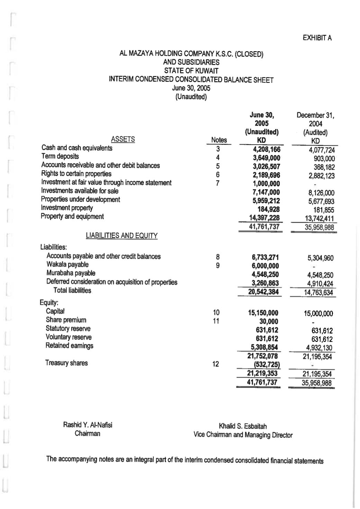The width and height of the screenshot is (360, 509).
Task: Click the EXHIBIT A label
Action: click(x=317, y=38)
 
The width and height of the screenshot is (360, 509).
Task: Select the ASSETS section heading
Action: click(x=123, y=139)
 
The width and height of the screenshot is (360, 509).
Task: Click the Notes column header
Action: click(x=219, y=140)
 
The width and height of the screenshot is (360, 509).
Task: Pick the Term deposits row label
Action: click(x=60, y=156)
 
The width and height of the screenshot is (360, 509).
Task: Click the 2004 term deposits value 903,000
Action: click(x=324, y=158)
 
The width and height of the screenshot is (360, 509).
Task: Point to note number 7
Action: click(x=217, y=183)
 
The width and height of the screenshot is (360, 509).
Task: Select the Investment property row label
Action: click(x=67, y=208)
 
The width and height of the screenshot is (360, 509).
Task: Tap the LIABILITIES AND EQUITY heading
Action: click(x=121, y=236)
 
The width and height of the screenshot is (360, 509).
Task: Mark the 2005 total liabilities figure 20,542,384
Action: click(x=263, y=292)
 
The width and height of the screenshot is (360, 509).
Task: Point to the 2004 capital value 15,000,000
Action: click(x=318, y=313)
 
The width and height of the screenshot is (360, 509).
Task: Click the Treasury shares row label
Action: click(x=66, y=363)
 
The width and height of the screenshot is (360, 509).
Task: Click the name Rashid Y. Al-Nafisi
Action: click(x=88, y=425)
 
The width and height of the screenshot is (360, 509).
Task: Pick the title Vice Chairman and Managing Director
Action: click(x=243, y=435)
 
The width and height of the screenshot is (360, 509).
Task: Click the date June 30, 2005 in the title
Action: click(x=191, y=88)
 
